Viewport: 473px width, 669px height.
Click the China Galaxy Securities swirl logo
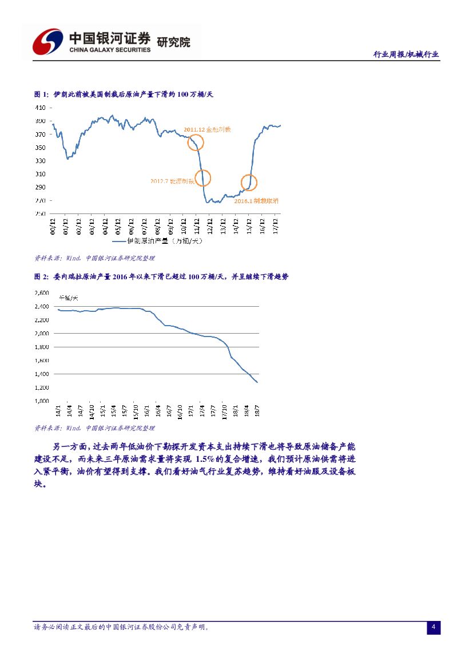pyautogui.click(x=47, y=42)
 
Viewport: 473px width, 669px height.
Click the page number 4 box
pyautogui.click(x=434, y=628)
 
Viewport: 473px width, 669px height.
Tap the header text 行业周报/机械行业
pyautogui.click(x=406, y=54)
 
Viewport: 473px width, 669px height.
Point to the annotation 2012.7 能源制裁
pyautogui.click(x=172, y=181)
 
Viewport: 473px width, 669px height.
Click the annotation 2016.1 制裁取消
pyautogui.click(x=256, y=201)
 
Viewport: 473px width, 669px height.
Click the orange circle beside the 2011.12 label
pyautogui.click(x=196, y=142)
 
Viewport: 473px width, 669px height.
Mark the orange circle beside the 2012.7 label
pyautogui.click(x=202, y=179)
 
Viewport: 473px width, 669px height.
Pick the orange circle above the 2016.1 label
pyautogui.click(x=249, y=183)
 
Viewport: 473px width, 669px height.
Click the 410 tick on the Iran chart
pyautogui.click(x=40, y=108)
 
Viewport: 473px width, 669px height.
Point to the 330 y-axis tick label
pyautogui.click(x=40, y=161)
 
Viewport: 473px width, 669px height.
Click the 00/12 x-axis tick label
pyautogui.click(x=53, y=225)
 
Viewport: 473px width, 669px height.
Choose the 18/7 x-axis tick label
pyautogui.click(x=257, y=410)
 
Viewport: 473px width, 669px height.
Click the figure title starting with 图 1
pyautogui.click(x=124, y=94)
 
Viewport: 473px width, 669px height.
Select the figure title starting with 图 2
pyautogui.click(x=161, y=276)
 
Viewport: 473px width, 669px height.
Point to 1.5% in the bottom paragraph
pyautogui.click(x=204, y=460)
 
